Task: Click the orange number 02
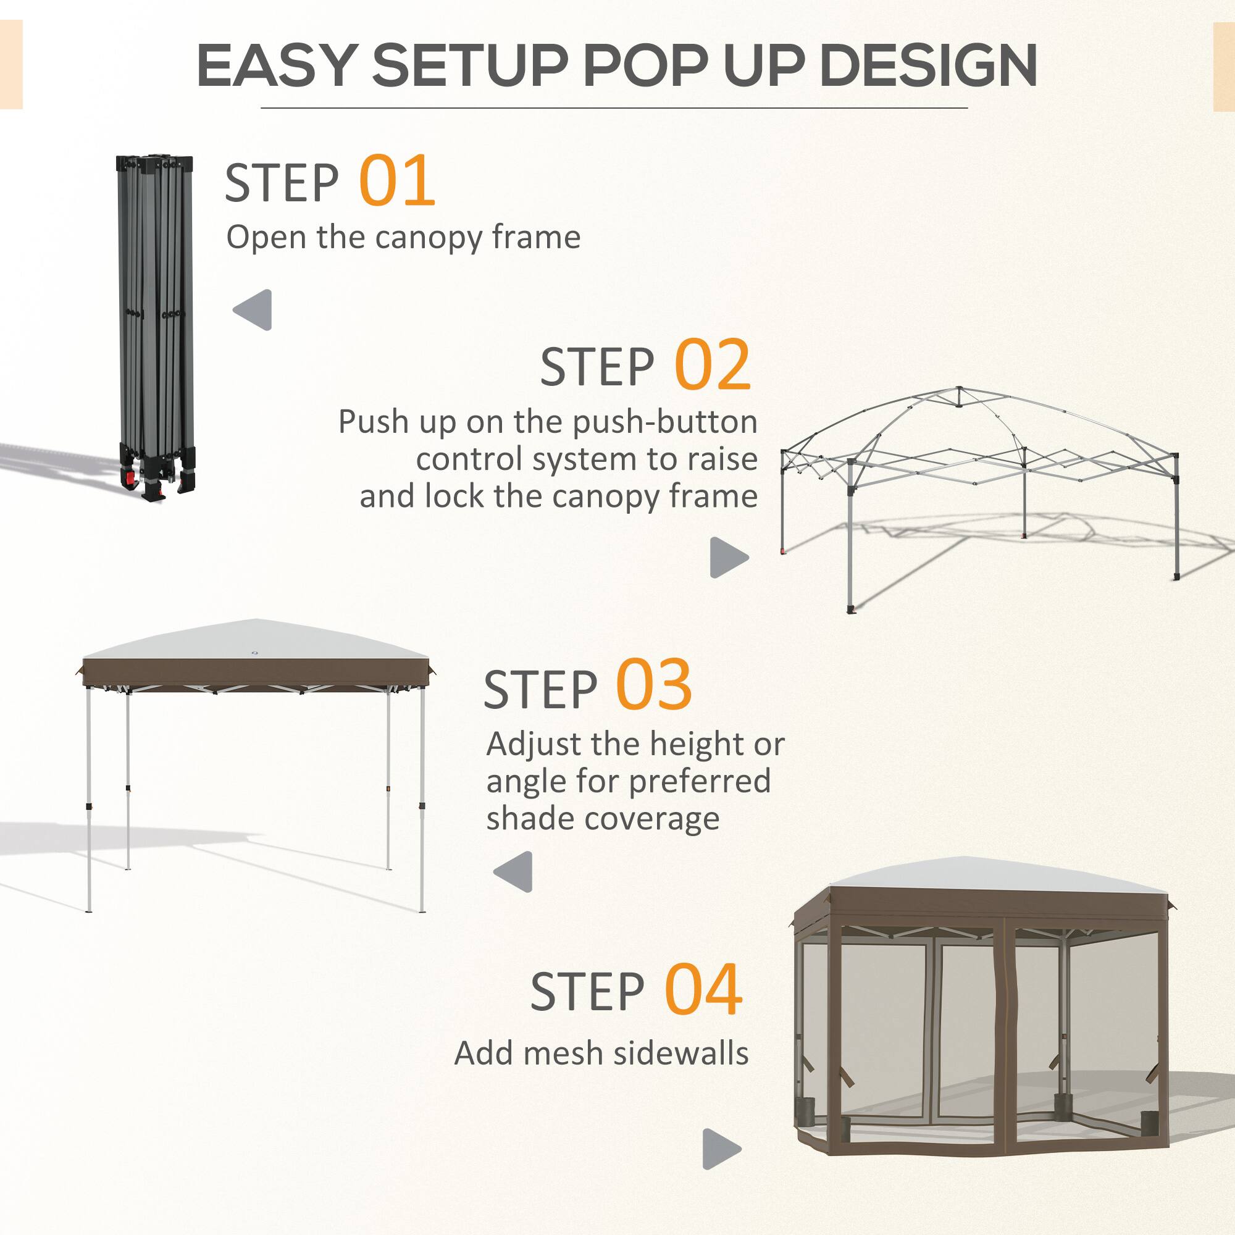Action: tap(712, 365)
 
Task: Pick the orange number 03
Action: tap(653, 686)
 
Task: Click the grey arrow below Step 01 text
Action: tap(253, 310)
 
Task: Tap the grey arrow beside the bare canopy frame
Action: tap(729, 557)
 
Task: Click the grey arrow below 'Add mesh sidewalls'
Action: tap(721, 1149)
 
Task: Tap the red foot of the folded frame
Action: tap(130, 477)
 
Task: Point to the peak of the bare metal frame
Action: tap(959, 389)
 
